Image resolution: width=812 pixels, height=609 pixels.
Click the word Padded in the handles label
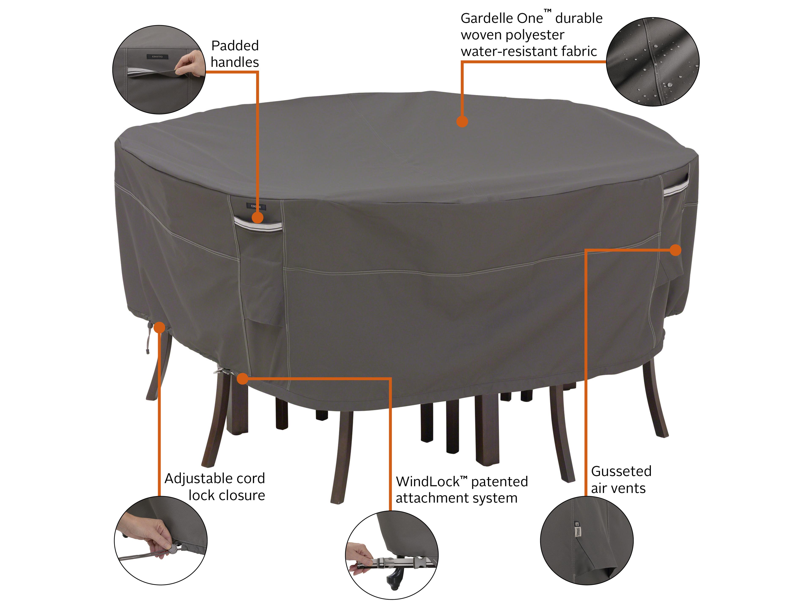coord(235,46)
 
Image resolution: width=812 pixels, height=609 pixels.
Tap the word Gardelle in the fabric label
coord(483,18)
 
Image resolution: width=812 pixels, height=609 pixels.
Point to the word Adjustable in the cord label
coord(194,479)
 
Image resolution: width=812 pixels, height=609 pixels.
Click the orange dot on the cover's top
coord(462,122)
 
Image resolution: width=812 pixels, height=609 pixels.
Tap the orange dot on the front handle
coord(258,218)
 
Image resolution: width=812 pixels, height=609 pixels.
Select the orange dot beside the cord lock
coord(160,327)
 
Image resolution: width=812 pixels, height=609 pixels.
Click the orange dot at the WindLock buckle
coord(242,379)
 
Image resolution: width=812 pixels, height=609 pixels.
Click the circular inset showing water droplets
coord(652,62)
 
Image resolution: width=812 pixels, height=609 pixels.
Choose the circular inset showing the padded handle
coord(159,69)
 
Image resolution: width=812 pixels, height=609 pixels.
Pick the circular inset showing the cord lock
coord(161,540)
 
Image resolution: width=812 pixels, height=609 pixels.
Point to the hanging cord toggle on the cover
coord(148,336)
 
